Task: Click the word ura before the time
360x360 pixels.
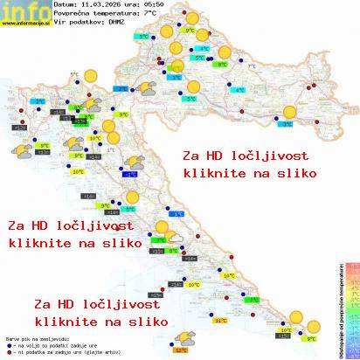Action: tap(131, 5)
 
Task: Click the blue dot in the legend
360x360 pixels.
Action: tap(7, 344)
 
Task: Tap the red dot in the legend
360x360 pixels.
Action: tap(7, 352)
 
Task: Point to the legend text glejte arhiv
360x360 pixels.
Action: tap(100, 352)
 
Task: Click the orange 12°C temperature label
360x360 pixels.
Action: tap(181, 350)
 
